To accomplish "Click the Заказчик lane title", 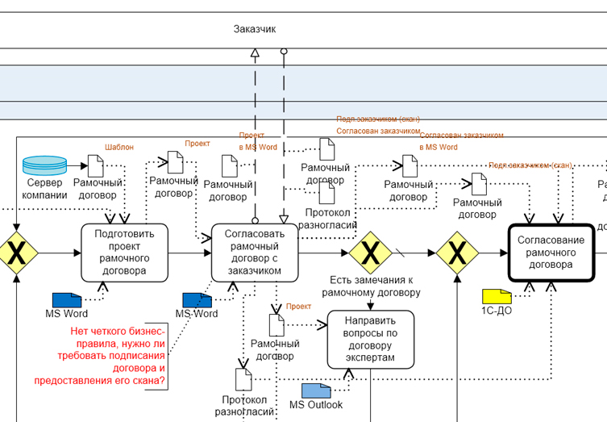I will (x=255, y=29).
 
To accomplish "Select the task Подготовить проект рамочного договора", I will (x=123, y=252).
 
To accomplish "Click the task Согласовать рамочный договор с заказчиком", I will (x=255, y=252).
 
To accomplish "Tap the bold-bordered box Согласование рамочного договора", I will (x=551, y=253).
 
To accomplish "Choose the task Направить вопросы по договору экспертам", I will (x=370, y=339).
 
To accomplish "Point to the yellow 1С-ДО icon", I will (x=497, y=296).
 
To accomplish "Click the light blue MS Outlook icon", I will (x=316, y=391).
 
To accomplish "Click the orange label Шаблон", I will (x=119, y=148).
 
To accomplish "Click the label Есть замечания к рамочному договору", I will (x=370, y=286).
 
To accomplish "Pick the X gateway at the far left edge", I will (x=15, y=253).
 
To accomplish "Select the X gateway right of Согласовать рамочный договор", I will (x=370, y=253).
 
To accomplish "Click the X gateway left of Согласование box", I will (x=458, y=253).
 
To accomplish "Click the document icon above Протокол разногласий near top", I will (x=327, y=192).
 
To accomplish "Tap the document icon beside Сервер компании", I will (x=95, y=166).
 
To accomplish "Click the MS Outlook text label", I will (x=316, y=405).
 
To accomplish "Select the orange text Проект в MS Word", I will (x=258, y=141).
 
